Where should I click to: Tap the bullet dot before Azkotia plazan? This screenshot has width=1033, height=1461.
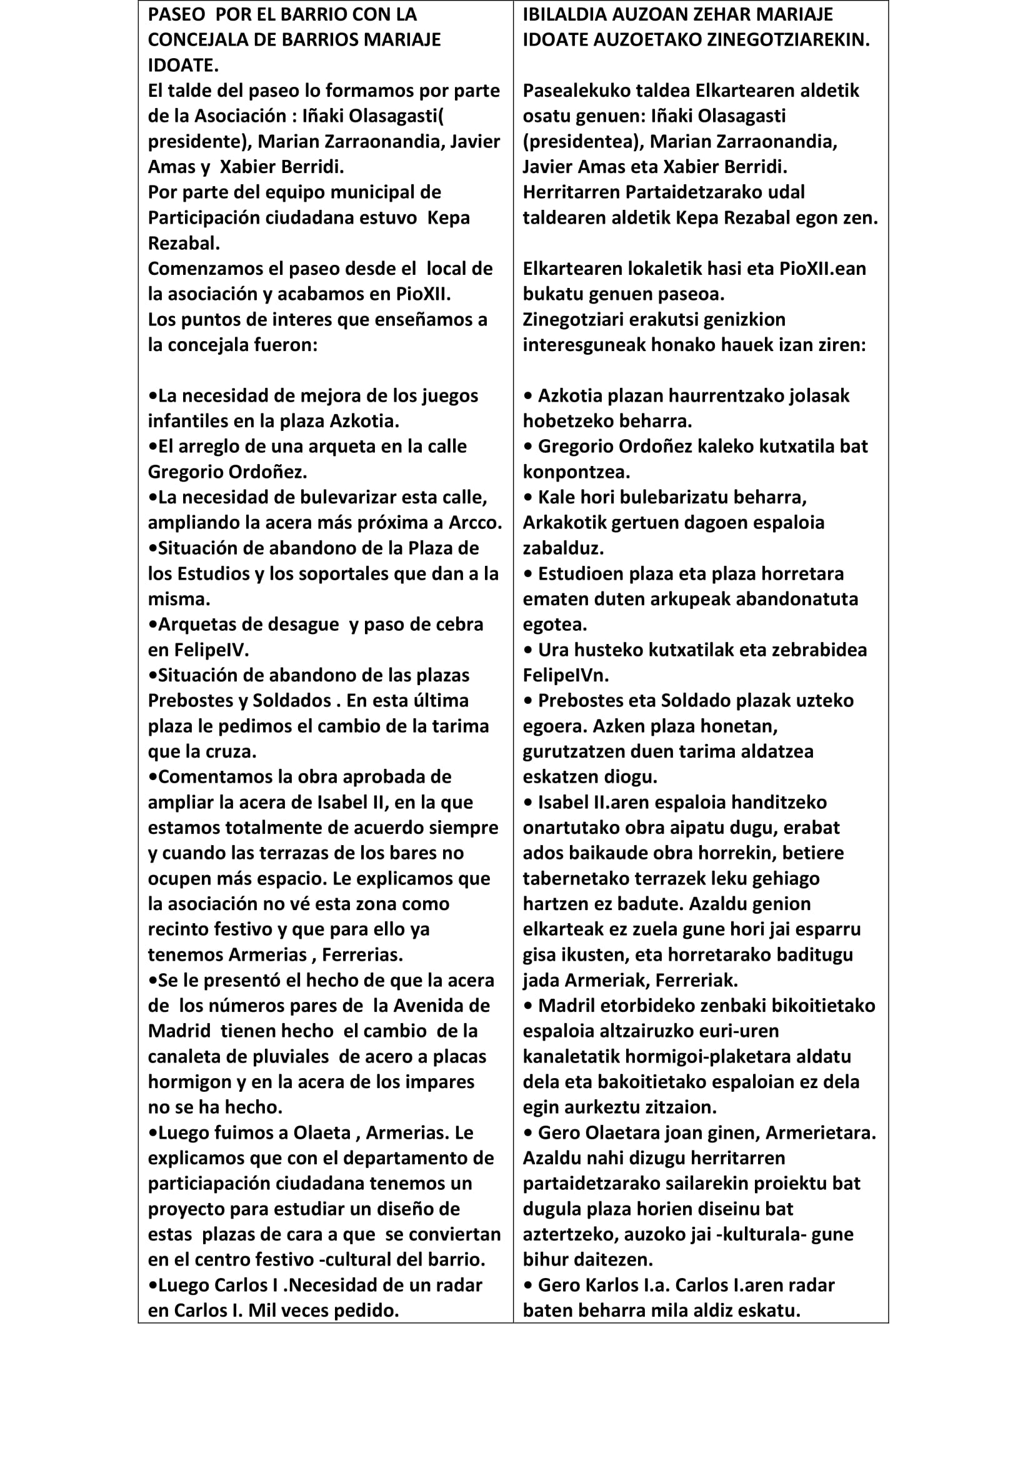527,396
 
